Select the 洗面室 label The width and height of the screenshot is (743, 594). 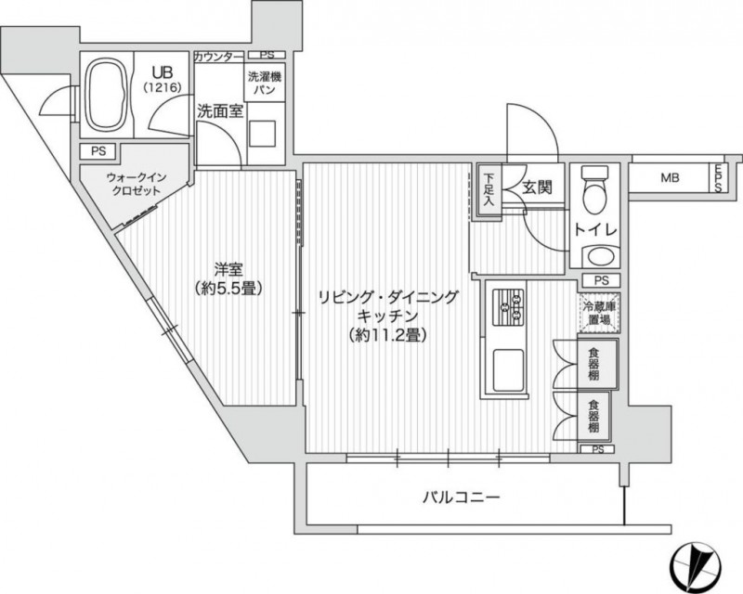(219, 109)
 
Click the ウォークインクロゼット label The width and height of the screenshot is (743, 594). (133, 184)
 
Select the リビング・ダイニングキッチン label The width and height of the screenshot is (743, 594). (388, 316)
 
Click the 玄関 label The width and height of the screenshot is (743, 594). (537, 187)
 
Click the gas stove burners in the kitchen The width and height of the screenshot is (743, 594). (507, 306)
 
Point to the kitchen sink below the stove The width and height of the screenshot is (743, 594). (507, 369)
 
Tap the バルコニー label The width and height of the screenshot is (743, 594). (462, 497)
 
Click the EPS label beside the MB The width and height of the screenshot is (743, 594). (718, 177)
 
